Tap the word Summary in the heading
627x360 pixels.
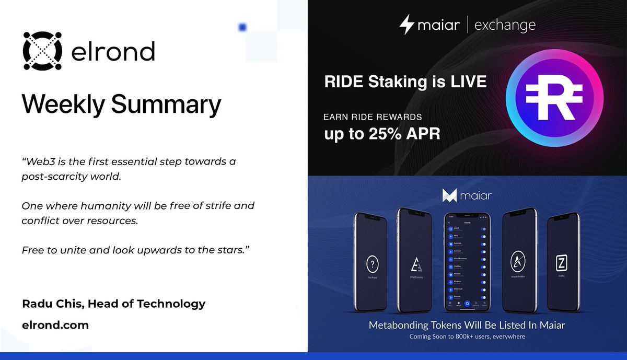pos(166,106)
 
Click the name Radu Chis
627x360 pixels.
pos(52,304)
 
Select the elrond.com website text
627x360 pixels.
pos(55,325)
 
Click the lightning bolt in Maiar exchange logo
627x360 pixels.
pos(407,25)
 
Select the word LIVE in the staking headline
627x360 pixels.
pos(466,82)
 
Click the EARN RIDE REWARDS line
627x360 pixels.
pos(373,117)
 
